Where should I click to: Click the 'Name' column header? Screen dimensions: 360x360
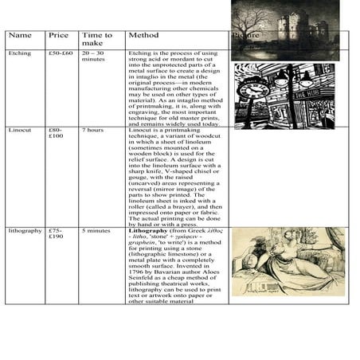pos(20,36)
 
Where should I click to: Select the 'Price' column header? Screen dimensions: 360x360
pos(58,36)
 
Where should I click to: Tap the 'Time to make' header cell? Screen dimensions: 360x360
pos(96,40)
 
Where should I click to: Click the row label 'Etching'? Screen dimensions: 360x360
pos(20,53)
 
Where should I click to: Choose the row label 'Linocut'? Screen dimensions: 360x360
pos(21,129)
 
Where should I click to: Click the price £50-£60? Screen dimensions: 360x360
pos(61,53)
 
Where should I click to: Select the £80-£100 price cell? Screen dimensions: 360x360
pos(56,132)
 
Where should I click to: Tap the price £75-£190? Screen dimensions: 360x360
pos(56,233)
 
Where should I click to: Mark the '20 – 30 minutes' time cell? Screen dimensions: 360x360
pos(93,57)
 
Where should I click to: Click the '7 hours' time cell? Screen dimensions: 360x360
pos(92,129)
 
